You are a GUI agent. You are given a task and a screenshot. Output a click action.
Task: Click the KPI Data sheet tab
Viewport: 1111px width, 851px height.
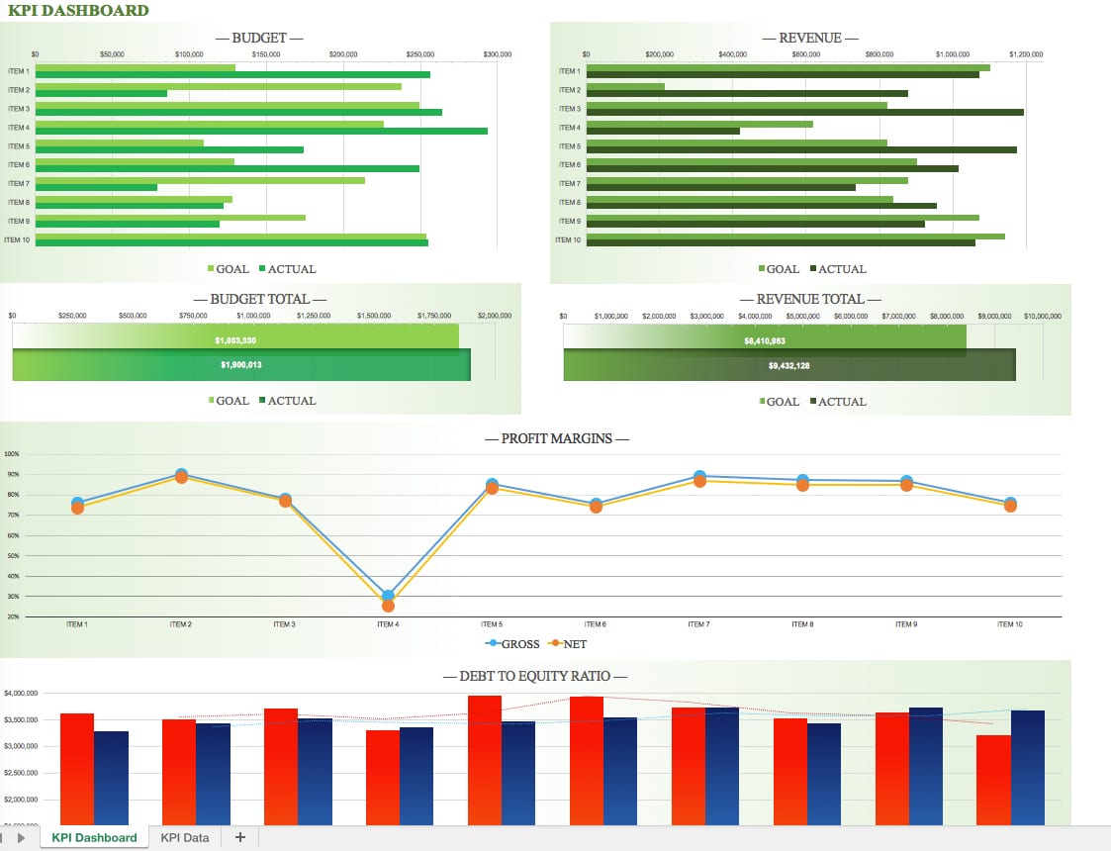(185, 838)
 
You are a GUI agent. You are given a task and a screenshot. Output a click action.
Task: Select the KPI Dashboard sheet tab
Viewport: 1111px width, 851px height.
(94, 838)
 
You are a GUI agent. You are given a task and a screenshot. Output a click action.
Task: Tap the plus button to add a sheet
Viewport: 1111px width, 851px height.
(239, 837)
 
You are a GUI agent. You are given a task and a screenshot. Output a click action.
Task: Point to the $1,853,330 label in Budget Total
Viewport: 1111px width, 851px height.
(235, 340)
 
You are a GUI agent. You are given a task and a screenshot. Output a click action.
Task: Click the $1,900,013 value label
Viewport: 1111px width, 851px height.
(240, 365)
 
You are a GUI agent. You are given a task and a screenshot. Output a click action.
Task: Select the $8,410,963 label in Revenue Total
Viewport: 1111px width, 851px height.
(765, 341)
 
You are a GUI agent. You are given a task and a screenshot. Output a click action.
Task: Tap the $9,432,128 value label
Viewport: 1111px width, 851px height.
(788, 366)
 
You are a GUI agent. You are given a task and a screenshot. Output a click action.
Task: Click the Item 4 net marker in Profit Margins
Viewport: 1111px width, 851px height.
(388, 606)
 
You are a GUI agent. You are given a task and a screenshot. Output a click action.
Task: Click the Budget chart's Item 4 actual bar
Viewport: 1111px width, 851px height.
(261, 132)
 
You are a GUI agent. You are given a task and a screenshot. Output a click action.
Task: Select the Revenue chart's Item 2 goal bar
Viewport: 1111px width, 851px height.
(625, 86)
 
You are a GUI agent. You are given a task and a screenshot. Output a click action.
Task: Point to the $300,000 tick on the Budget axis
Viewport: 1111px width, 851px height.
(497, 54)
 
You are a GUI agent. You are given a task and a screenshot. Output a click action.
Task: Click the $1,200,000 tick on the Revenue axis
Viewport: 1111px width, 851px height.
(1026, 54)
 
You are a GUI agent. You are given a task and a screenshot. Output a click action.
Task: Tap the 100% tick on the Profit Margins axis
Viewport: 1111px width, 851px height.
(12, 454)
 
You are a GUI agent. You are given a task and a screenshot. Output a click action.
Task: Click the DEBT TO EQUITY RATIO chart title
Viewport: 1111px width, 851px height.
(534, 677)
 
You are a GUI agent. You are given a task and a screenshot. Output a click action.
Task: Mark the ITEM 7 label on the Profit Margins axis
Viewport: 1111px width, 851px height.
(698, 624)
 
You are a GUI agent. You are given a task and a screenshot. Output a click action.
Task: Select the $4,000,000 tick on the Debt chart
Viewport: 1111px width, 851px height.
(21, 693)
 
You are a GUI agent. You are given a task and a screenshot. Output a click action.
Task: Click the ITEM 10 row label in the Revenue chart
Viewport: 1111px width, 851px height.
(568, 239)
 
